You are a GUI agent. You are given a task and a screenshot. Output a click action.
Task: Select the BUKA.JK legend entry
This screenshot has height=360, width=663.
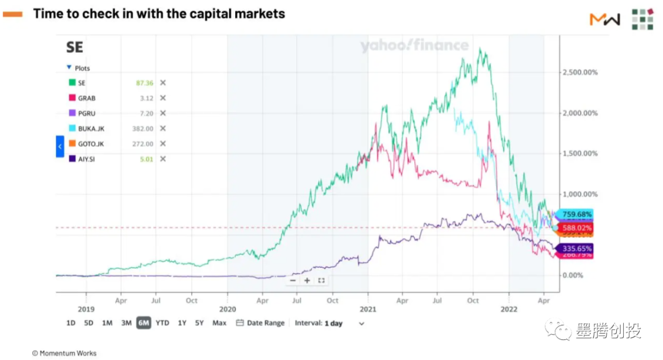pos(90,128)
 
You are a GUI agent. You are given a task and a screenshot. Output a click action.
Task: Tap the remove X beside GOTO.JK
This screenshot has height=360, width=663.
pos(163,144)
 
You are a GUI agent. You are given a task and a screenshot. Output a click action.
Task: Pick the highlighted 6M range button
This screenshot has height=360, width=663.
pos(144,323)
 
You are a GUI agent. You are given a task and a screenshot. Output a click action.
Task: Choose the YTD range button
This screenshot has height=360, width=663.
pos(162,323)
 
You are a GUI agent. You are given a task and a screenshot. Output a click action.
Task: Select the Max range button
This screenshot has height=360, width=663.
pos(219,323)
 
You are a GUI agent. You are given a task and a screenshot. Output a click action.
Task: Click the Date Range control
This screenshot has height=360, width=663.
pos(260,323)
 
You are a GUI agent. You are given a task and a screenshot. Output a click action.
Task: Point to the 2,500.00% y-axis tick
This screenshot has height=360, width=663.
pos(580,72)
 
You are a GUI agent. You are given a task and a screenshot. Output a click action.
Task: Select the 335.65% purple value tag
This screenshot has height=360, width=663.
pos(575,249)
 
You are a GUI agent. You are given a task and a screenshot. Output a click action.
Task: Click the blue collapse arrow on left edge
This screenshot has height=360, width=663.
pos(60,147)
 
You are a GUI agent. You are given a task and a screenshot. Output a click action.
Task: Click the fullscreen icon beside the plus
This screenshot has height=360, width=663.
pos(321,280)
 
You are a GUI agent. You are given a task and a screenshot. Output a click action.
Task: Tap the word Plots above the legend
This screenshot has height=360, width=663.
pos(82,68)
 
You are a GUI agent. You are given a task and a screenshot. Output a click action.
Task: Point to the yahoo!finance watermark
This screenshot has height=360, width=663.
pos(414,45)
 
